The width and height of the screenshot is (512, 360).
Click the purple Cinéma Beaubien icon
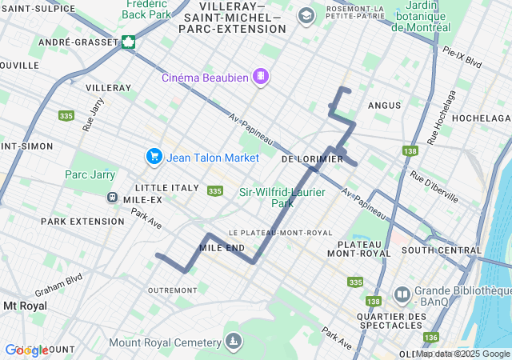[x=260, y=77]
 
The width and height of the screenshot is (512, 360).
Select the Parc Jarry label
[x=90, y=174]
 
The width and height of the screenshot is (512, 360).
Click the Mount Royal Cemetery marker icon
[x=233, y=342]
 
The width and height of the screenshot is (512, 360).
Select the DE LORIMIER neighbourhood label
[x=312, y=159]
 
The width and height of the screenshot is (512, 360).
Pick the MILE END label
[x=222, y=248]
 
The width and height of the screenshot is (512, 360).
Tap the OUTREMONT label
[x=172, y=290]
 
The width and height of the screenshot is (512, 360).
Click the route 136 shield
[x=431, y=337]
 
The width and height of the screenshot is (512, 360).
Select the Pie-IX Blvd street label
[x=462, y=56]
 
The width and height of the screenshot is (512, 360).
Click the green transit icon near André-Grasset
[x=128, y=42]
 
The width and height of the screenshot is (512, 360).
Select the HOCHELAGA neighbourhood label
[x=480, y=118]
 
